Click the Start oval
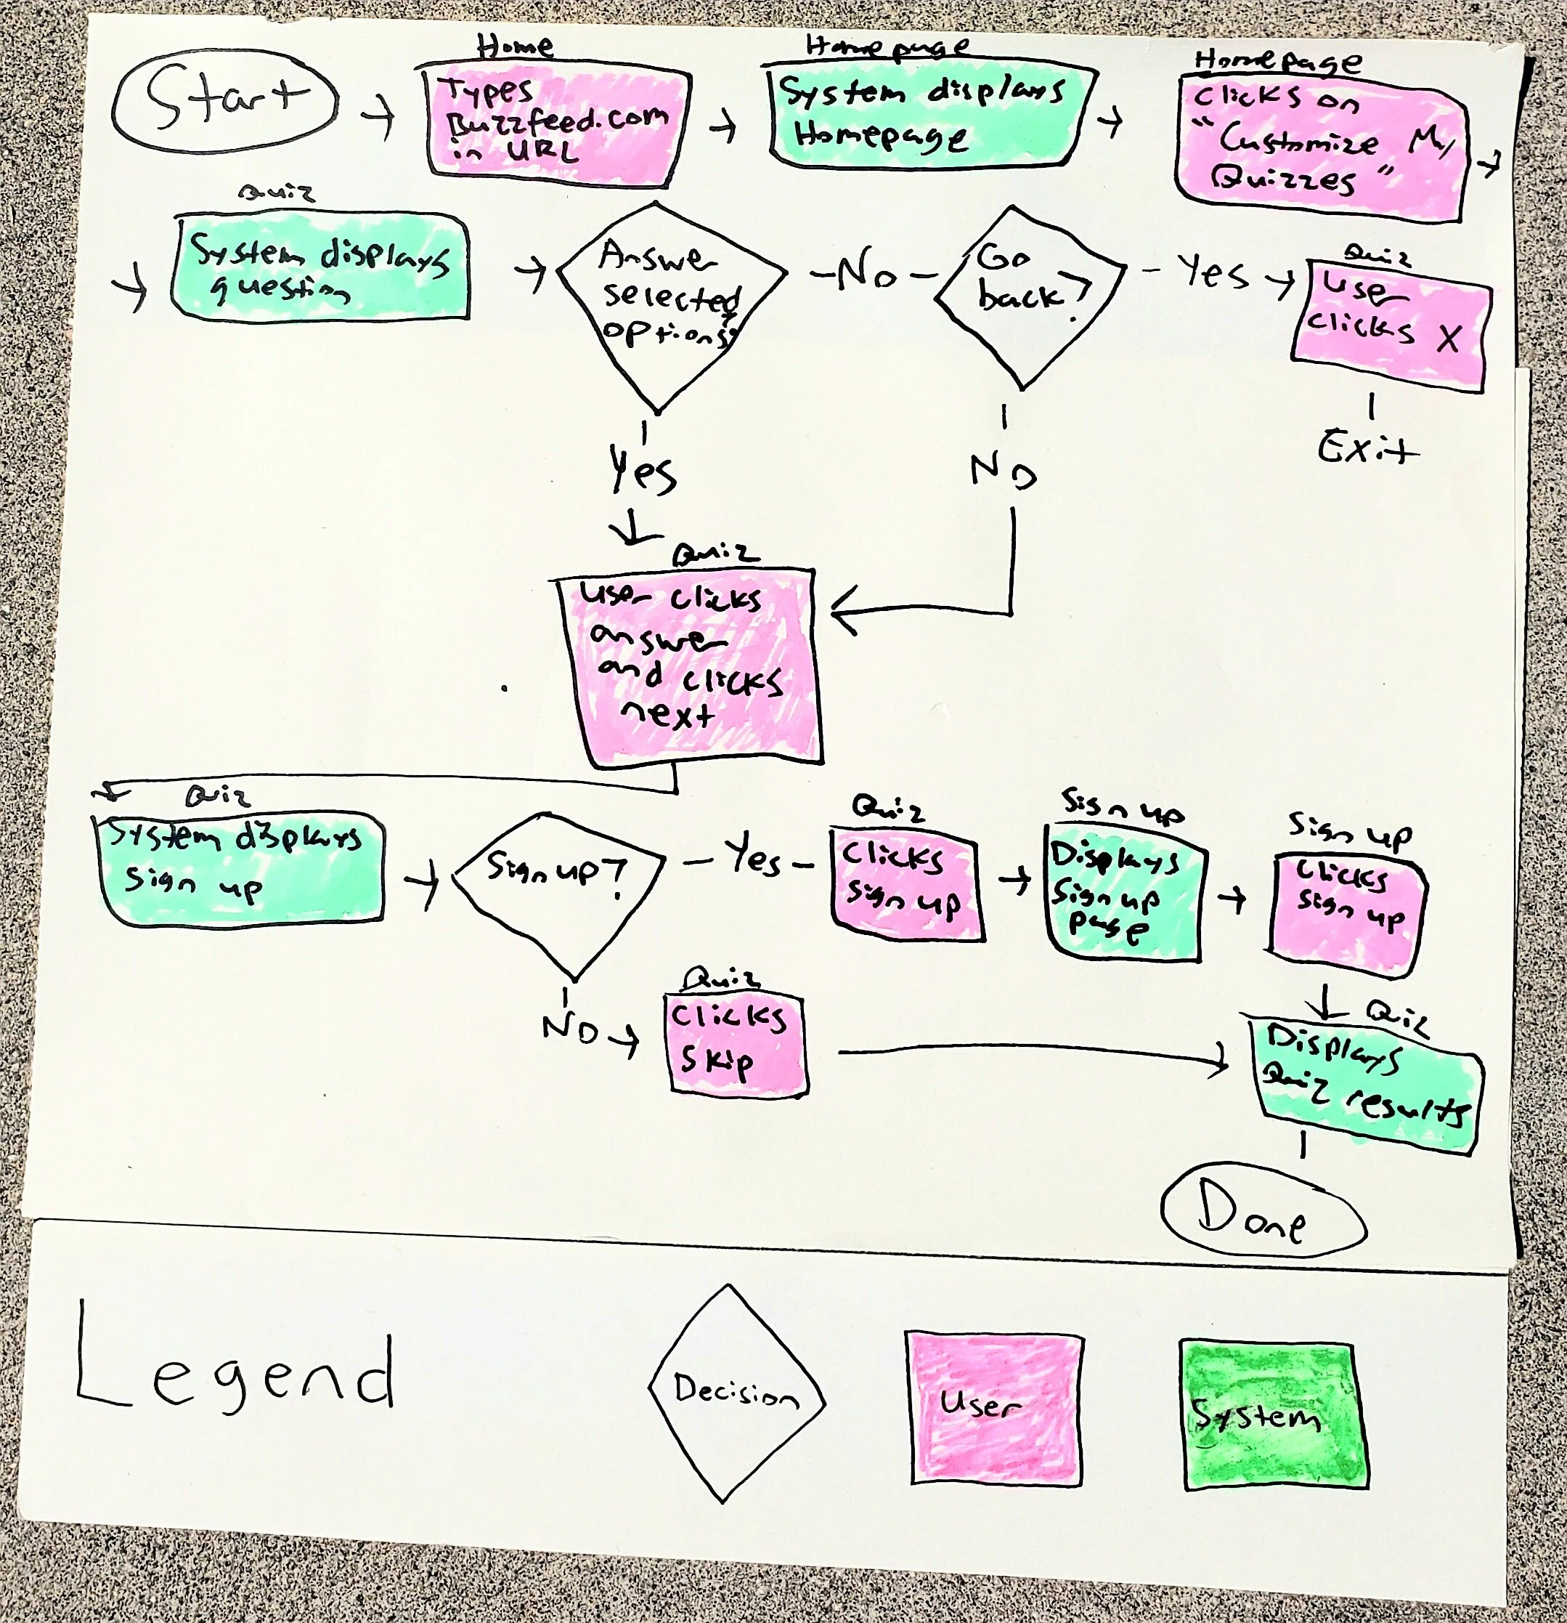coord(224,101)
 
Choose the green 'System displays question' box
coord(320,267)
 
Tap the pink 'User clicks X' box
coord(1388,326)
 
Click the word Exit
coord(1366,449)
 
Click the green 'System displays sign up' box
coord(241,870)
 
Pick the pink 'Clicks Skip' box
coord(735,1044)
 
